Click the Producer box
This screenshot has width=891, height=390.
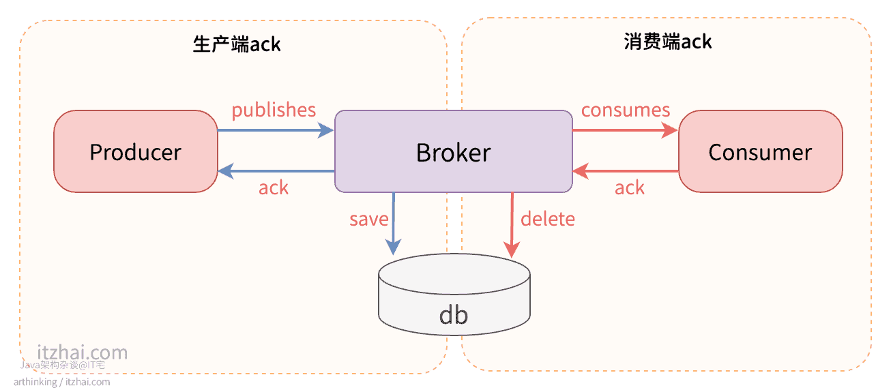(x=135, y=151)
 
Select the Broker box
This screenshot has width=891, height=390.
(x=453, y=151)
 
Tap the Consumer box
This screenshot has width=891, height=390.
(x=760, y=151)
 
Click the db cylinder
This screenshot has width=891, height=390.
(x=454, y=300)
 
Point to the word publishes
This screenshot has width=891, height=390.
(x=274, y=110)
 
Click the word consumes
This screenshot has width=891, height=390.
(x=626, y=110)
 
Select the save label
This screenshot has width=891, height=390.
(x=368, y=220)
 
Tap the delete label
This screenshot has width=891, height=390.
(x=547, y=219)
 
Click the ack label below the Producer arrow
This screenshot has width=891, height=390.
(x=273, y=188)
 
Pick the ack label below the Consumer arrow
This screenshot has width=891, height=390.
(x=629, y=188)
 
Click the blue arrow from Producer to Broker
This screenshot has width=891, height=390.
(x=276, y=130)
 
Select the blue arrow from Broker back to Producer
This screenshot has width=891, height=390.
(x=276, y=171)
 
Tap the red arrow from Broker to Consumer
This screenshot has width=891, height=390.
(x=625, y=130)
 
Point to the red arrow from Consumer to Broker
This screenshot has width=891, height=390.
(x=625, y=171)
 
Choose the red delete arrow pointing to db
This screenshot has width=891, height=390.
(x=512, y=225)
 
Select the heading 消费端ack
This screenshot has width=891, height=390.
(x=667, y=42)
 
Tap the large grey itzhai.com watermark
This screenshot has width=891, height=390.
(x=82, y=352)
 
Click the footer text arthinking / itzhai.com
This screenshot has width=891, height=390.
(x=61, y=382)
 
